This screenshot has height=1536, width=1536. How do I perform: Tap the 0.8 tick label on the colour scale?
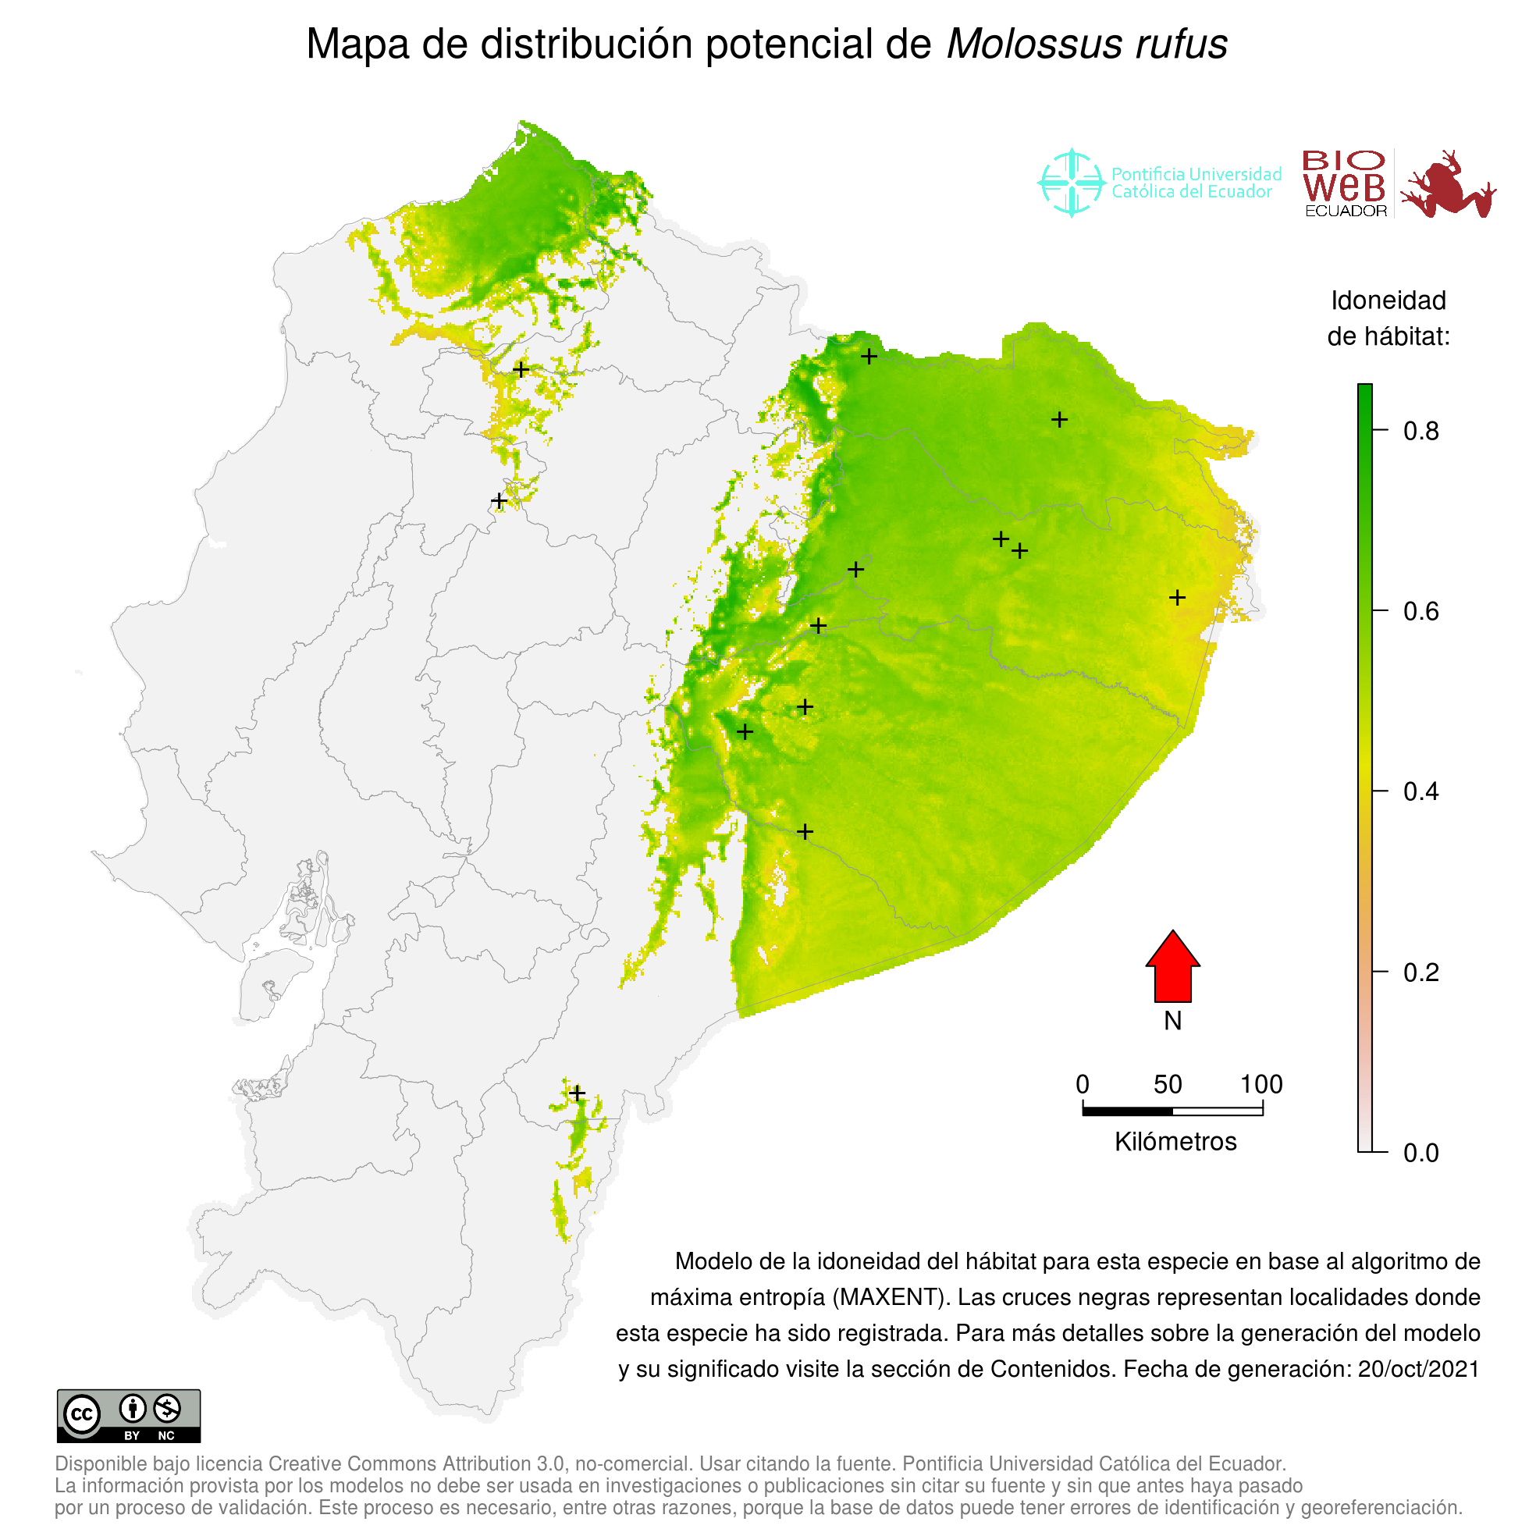[x=1420, y=431]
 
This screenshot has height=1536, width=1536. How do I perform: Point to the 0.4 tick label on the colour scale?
[x=1420, y=792]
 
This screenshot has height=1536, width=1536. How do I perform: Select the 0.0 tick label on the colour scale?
[x=1420, y=1153]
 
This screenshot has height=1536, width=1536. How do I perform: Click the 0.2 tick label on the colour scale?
[x=1420, y=972]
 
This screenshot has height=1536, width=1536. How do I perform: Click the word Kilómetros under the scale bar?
[x=1175, y=1142]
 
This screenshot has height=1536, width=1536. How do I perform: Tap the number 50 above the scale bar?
[x=1167, y=1084]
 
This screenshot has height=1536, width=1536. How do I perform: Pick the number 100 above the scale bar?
[x=1261, y=1084]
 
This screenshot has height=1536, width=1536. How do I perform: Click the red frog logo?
[x=1447, y=184]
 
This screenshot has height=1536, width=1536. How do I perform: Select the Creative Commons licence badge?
[x=129, y=1416]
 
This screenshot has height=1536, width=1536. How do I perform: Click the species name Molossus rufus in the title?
[x=1086, y=44]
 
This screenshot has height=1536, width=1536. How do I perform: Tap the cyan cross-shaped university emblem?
[x=1072, y=183]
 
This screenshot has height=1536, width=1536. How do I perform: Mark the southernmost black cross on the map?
[x=578, y=1094]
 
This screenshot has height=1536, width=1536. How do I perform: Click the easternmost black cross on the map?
[x=1178, y=597]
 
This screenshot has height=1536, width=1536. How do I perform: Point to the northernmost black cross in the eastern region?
[x=869, y=356]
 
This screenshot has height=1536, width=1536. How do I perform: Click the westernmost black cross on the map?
[x=499, y=501]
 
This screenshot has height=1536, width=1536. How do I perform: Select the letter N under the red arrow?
[x=1172, y=1021]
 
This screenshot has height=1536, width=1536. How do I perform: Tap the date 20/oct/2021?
[x=1418, y=1369]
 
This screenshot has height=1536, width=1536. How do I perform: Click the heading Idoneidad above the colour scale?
[x=1388, y=300]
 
